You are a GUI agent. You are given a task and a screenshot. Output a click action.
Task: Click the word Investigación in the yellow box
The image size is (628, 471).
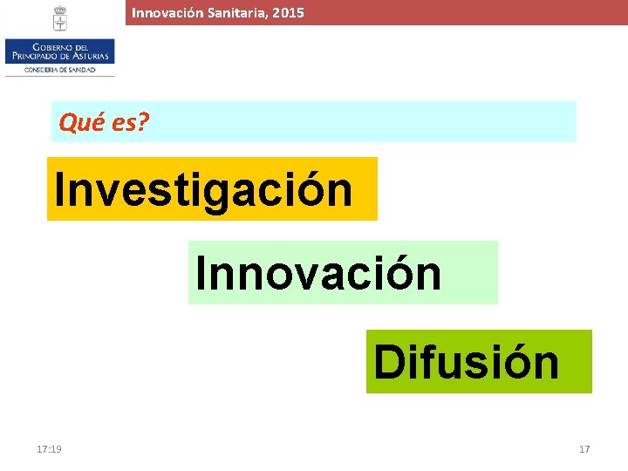tap(203, 189)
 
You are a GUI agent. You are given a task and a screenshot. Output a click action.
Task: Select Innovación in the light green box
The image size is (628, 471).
tap(318, 273)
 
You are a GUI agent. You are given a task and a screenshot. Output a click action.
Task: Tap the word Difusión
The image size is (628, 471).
tap(467, 362)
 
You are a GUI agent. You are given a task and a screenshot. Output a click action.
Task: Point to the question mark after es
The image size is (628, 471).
tap(144, 123)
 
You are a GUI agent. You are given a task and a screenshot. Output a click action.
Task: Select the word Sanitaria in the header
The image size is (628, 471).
tap(233, 13)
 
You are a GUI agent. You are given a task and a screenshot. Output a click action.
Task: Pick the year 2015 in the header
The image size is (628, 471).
tap(287, 13)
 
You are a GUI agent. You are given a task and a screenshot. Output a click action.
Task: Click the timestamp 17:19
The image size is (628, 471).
tap(49, 449)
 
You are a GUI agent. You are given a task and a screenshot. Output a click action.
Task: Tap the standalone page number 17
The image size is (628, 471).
tap(584, 449)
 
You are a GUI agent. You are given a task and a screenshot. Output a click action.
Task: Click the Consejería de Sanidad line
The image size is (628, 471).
tap(59, 69)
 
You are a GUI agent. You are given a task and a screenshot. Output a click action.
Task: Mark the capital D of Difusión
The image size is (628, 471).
tap(389, 362)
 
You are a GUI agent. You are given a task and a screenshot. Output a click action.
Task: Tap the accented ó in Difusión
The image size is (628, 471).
tap(517, 362)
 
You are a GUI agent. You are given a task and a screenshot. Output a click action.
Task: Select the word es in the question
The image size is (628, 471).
tap(123, 124)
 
